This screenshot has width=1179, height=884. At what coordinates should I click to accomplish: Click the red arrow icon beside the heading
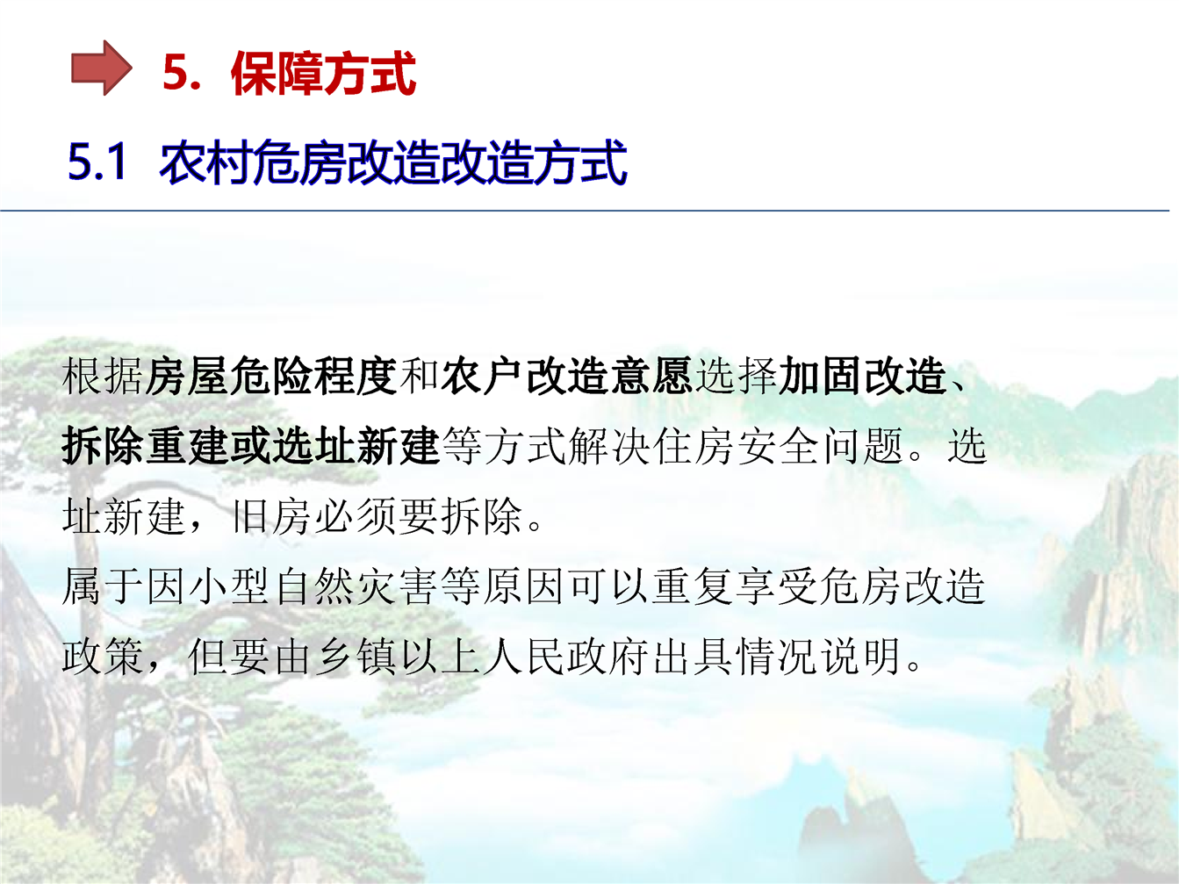tap(101, 68)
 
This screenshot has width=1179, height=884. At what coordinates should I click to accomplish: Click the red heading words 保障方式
tap(323, 73)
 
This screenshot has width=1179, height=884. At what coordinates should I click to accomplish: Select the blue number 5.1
tap(97, 161)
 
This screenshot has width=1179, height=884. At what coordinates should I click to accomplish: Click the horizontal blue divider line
tap(585, 211)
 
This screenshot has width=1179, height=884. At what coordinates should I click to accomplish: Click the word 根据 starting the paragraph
tap(103, 376)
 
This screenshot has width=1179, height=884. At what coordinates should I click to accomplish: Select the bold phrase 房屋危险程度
tap(270, 376)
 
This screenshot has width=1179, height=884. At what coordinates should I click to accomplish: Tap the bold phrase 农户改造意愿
tap(566, 376)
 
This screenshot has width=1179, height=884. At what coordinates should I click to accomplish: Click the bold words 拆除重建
tap(146, 446)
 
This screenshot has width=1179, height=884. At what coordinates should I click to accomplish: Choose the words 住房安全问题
tap(779, 446)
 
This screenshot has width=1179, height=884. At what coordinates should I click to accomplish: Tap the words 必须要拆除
tap(419, 516)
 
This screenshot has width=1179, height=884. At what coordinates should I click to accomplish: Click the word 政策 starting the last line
tap(103, 656)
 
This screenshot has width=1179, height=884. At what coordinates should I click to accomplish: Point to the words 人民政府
tap(566, 656)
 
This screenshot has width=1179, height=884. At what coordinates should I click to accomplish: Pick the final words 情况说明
tap(819, 656)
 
